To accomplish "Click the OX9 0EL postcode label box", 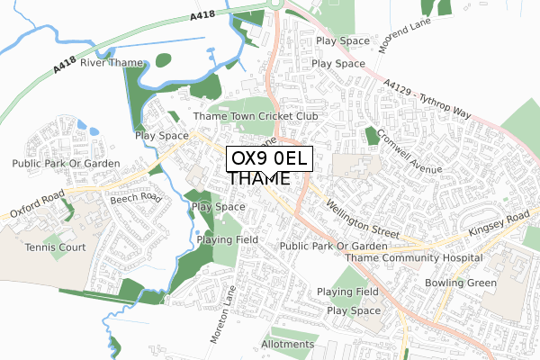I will [x=269, y=158].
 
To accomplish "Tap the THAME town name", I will [x=259, y=179].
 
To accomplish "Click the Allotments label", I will [x=287, y=344].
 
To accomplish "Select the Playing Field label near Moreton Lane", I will [x=229, y=239].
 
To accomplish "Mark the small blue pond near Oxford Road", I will [x=82, y=125].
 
